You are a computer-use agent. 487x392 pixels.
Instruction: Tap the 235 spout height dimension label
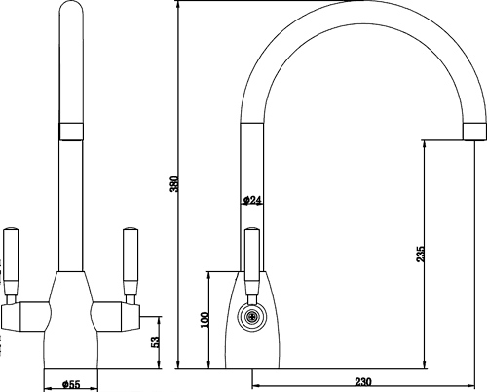tap(420, 255)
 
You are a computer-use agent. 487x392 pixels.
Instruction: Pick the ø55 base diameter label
tap(70, 384)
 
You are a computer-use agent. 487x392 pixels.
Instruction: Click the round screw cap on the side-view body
tap(252, 316)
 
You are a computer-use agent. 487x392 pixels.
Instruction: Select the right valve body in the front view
tap(117, 317)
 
